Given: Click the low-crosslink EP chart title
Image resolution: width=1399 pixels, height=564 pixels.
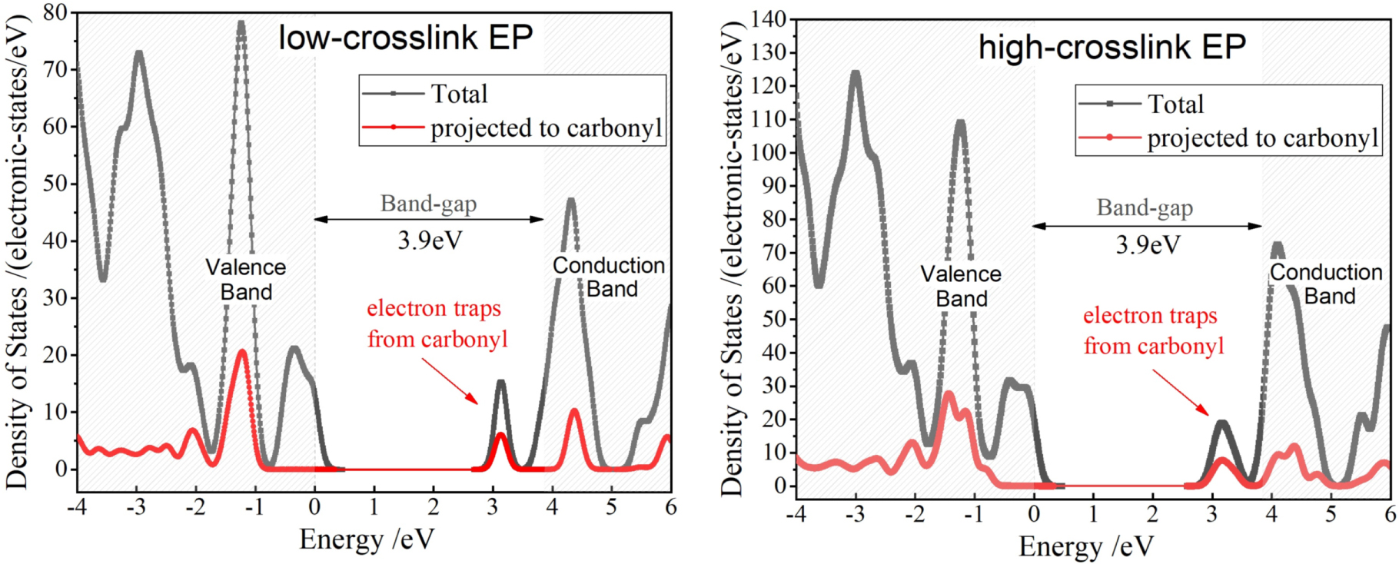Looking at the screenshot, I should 405,38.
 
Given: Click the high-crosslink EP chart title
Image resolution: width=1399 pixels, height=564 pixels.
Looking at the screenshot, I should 1112,48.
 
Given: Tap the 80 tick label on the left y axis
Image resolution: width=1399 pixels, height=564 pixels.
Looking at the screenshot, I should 55,13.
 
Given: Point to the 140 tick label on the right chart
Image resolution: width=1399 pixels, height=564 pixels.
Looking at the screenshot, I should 768,19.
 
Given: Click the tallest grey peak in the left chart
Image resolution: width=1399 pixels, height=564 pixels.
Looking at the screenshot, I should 241,25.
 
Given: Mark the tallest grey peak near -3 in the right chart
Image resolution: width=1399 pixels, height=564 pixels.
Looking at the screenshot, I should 855,75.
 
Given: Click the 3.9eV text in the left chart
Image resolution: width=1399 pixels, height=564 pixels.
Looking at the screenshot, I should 430,241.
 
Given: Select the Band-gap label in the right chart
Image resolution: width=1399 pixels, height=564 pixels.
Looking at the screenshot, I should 1145,207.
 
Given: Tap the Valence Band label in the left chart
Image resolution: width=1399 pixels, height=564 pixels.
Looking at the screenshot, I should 246,279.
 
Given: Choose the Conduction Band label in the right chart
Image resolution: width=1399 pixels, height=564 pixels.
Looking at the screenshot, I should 1326,284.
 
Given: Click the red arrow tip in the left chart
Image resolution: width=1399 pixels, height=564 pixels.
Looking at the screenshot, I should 477,403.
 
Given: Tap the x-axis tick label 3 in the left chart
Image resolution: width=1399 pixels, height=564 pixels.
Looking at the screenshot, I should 493,508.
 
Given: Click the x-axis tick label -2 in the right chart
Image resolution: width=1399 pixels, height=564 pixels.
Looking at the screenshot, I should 914,515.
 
